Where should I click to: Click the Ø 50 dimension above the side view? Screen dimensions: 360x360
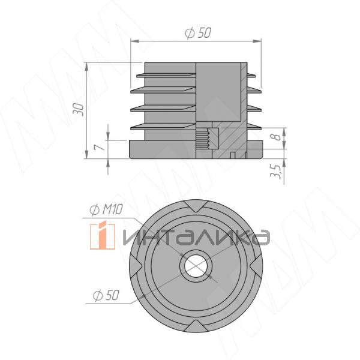pyautogui.click(x=198, y=34)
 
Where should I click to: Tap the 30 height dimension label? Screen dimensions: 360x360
pyautogui.click(x=77, y=108)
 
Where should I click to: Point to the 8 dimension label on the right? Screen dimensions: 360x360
pyautogui.click(x=275, y=137)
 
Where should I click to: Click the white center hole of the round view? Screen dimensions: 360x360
pyautogui.click(x=195, y=266)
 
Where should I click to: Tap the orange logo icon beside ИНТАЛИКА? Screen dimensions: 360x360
pyautogui.click(x=103, y=236)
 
